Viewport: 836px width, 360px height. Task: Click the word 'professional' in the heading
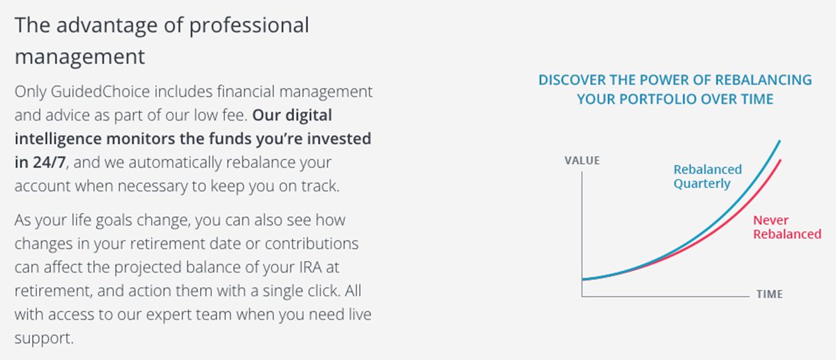point(249,26)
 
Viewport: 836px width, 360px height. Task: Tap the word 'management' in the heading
point(79,57)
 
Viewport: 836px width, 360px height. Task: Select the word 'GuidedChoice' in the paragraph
point(100,91)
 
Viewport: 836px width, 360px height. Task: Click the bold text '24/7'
point(49,162)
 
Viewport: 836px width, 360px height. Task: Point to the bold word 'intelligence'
point(58,139)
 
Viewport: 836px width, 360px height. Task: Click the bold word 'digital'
point(308,116)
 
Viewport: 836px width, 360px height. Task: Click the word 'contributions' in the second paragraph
point(311,244)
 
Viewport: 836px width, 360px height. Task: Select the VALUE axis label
point(582,160)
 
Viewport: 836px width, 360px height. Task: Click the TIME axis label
point(770,294)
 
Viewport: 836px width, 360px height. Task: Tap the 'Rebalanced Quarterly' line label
point(708,176)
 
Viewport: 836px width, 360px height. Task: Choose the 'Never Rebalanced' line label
point(787,227)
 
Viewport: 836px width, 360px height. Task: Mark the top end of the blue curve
point(780,141)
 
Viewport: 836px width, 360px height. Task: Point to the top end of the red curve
point(780,160)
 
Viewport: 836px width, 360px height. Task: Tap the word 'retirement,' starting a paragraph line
point(54,291)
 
